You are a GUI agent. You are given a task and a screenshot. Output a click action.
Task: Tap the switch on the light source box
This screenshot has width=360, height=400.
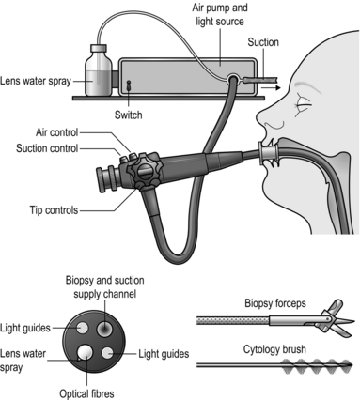(129, 85)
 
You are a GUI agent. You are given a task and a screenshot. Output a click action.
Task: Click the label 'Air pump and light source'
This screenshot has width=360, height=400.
(220, 14)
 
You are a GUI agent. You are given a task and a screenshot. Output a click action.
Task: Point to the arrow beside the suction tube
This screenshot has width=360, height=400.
(271, 88)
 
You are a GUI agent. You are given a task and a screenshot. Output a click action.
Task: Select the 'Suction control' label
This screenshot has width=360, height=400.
(47, 148)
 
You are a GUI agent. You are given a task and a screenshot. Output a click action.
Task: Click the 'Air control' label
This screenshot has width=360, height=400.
(56, 132)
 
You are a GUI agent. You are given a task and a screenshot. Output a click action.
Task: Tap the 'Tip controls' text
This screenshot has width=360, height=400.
(54, 209)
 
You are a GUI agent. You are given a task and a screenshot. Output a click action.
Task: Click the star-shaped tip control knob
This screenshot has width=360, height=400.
(145, 171)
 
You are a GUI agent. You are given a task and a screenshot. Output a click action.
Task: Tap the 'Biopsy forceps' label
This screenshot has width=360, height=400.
(275, 303)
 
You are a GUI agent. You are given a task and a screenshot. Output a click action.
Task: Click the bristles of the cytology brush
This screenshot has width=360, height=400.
(317, 365)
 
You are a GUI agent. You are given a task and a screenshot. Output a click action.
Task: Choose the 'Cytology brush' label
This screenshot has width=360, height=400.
(274, 349)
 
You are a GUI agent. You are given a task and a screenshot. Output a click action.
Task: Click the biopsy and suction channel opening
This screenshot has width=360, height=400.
(104, 329)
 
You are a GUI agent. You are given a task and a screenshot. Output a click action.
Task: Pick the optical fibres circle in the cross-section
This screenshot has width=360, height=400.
(86, 352)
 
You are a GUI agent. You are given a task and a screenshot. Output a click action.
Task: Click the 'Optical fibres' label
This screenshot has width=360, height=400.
(86, 393)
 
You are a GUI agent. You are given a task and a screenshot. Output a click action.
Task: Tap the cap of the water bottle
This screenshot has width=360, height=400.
(99, 48)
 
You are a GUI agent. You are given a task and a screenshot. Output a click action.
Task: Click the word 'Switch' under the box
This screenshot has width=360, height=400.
(128, 115)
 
